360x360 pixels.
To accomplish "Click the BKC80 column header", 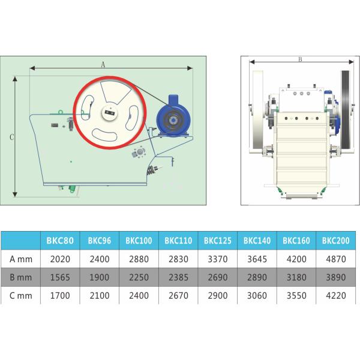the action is pyautogui.click(x=60, y=241).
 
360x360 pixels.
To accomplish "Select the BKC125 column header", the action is pyautogui.click(x=218, y=241).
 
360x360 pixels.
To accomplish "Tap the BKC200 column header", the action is pyautogui.click(x=335, y=241).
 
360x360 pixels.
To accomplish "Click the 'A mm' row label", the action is pyautogui.click(x=21, y=259).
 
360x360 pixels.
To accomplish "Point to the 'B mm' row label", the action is pyautogui.click(x=21, y=277).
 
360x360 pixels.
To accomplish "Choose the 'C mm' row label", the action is pyautogui.click(x=21, y=295).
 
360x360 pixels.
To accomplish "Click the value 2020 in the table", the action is pyautogui.click(x=60, y=259).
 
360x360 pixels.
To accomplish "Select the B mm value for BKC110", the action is pyautogui.click(x=178, y=277).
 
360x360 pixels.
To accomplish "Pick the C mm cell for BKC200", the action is pyautogui.click(x=336, y=295).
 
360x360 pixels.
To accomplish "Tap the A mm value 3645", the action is pyautogui.click(x=257, y=259).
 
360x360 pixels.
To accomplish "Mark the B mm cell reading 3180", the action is pyautogui.click(x=296, y=277).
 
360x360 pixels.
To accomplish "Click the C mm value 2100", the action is pyautogui.click(x=100, y=295).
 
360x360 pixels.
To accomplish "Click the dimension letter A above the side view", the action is pyautogui.click(x=103, y=65).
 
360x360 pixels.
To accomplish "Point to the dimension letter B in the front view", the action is pyautogui.click(x=300, y=59).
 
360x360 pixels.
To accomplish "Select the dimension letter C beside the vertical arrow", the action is pyautogui.click(x=12, y=137).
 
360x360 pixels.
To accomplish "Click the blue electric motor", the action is pyautogui.click(x=173, y=118).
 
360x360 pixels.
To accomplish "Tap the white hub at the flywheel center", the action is pyautogui.click(x=110, y=113).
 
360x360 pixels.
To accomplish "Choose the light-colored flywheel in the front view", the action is pyautogui.click(x=258, y=110).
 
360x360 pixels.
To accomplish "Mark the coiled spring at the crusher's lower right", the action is pyautogui.click(x=151, y=170).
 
